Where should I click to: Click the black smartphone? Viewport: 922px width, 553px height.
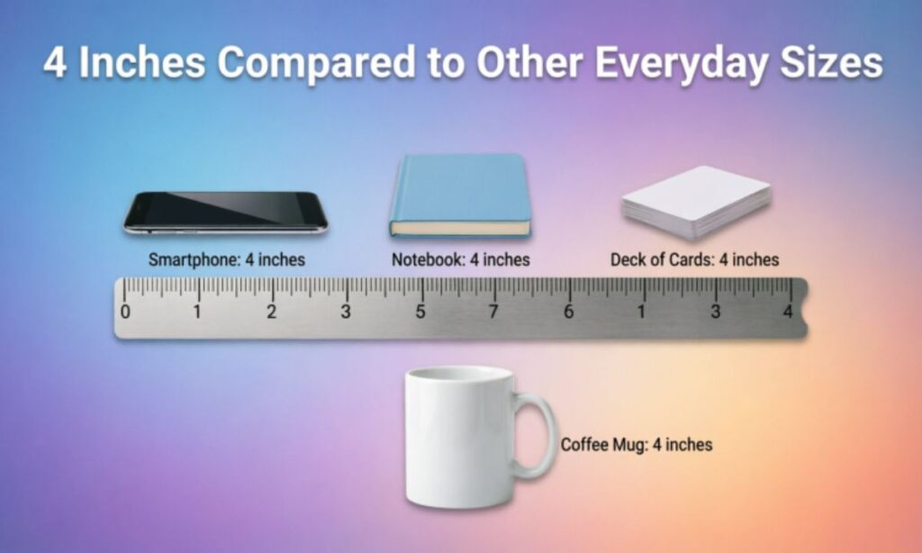225,213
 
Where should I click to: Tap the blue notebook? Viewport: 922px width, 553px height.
460,195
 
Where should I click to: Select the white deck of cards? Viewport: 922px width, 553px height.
697,202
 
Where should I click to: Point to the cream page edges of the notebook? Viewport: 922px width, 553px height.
460,228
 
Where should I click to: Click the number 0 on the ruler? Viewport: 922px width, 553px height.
124,312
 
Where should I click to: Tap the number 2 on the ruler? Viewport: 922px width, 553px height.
271,312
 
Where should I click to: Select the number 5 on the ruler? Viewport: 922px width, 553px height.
420,312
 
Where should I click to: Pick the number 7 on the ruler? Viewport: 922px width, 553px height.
493,312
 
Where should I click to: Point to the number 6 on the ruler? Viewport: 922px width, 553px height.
568,312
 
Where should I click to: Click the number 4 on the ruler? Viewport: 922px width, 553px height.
788,311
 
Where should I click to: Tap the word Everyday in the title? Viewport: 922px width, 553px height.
681,62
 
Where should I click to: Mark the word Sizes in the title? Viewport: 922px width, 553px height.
831,61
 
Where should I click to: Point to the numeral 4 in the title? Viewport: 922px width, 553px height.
54,62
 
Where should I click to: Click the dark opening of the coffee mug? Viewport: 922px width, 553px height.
459,373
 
